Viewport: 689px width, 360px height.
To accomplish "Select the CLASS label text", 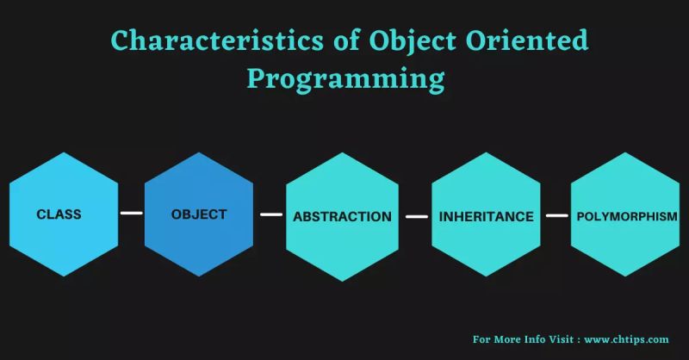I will tap(59, 214).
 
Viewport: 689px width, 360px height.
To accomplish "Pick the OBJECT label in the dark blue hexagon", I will tap(199, 214).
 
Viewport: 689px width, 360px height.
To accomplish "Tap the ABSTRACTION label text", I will tap(342, 216).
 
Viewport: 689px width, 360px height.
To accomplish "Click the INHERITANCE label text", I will tap(487, 215).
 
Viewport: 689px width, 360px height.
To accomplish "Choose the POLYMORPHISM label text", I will tap(626, 215).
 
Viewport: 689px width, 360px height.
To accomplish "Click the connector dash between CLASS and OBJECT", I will tap(131, 213).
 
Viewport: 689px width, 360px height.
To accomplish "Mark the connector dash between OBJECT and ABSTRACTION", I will tap(271, 214).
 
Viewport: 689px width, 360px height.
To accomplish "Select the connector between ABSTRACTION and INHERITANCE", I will tap(416, 216).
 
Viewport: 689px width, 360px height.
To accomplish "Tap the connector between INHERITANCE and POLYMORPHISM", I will tap(556, 215).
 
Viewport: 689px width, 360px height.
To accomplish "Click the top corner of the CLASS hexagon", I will tap(63, 152).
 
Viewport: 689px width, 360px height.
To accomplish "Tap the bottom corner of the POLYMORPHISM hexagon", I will tap(626, 277).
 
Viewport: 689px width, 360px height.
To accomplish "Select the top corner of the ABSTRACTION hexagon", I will tap(341, 153).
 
